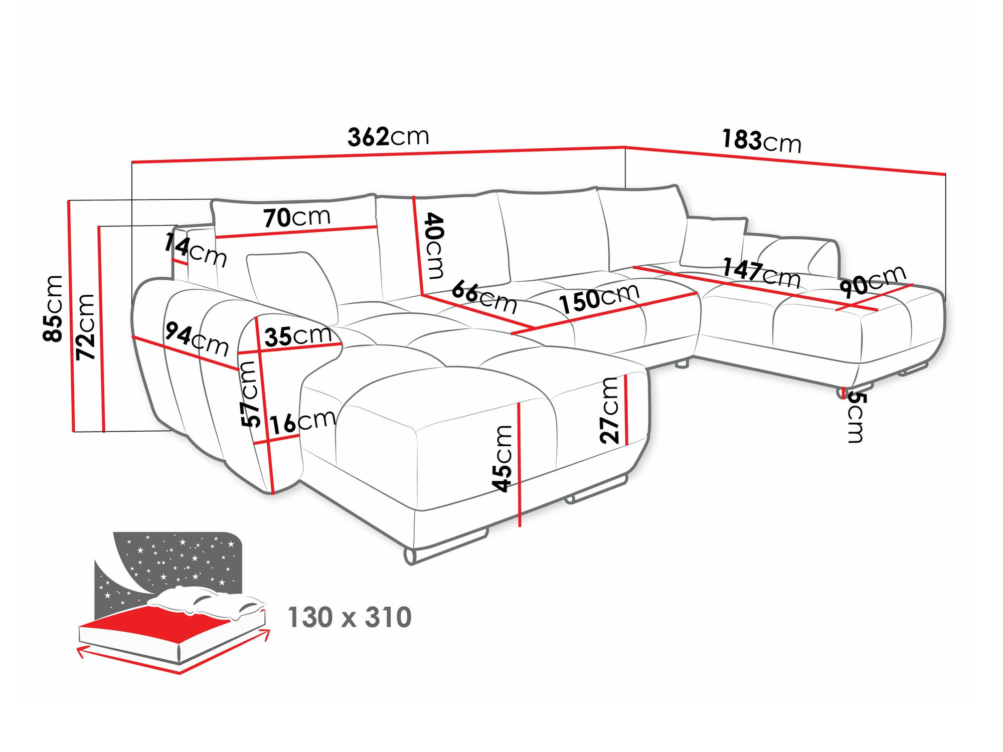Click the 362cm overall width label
pos(388,136)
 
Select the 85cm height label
pos(53,308)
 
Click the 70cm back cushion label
pos(297,218)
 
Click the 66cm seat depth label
pos(484,297)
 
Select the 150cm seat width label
pos(599,298)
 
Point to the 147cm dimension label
pos(761,273)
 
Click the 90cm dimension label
pos(873,281)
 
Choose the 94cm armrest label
pos(197,338)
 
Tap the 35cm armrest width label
pos(298,336)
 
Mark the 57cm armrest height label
pos(250,394)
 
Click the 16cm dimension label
pos(303,422)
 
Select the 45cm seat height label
pos(502,458)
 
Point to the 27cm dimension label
pos(610,410)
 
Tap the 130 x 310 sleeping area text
pos(350,617)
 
